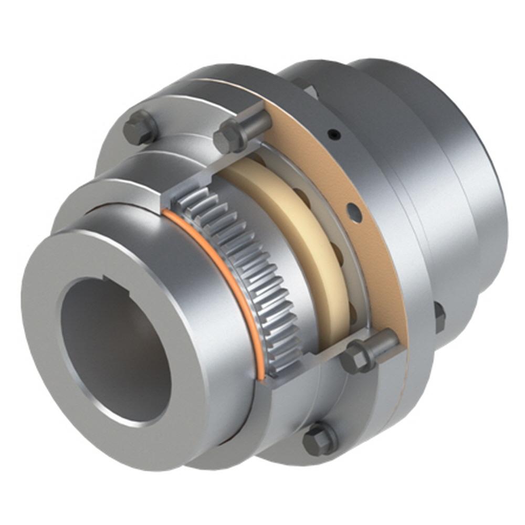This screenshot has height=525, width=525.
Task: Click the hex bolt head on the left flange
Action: (140, 128)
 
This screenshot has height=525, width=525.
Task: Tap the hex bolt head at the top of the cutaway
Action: (229, 136)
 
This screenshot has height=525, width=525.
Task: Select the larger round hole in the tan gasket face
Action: (354, 213)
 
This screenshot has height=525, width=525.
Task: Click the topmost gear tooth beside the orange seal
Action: (189, 198)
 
